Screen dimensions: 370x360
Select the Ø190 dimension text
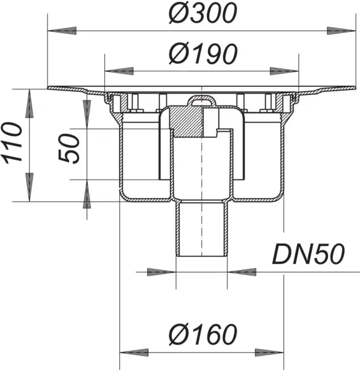203,54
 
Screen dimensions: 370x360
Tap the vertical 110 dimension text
13,144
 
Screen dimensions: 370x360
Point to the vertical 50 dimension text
72,149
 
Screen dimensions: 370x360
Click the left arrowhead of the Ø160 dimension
133,353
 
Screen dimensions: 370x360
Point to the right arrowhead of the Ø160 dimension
269,353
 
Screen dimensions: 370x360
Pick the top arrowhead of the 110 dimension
28,103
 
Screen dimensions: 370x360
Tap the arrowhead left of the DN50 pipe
161,271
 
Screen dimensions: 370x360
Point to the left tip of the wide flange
50,89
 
